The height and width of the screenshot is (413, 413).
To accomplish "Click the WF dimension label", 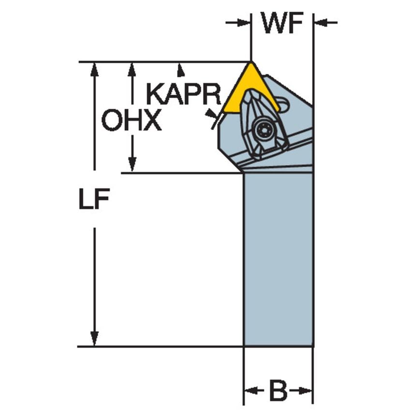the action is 282,23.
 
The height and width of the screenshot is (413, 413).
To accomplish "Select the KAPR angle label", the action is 184,94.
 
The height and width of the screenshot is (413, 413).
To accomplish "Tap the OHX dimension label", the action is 132,120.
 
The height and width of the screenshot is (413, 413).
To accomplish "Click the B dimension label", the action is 279,390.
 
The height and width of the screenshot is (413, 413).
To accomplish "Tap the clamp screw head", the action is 264,129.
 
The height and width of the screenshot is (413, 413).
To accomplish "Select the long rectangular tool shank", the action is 278,259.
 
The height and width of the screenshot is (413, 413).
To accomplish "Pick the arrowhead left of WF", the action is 243,23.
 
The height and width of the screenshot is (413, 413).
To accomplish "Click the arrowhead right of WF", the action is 321,23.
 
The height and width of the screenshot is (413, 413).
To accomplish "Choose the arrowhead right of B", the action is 306,390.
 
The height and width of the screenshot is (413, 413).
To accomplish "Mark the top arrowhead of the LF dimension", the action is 94,70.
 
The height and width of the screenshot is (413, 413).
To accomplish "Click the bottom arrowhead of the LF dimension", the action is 94,339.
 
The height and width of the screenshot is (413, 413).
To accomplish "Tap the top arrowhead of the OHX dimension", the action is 132,70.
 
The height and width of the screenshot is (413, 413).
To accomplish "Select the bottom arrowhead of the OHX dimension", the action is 132,164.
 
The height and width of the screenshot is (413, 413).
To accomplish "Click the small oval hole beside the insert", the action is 284,104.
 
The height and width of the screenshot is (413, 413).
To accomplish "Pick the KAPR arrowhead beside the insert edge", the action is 211,114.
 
